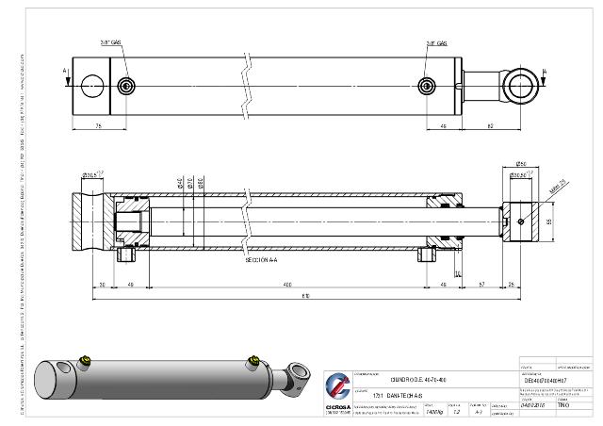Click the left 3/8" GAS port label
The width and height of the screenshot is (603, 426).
click(111, 43)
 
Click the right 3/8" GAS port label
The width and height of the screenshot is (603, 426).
click(436, 43)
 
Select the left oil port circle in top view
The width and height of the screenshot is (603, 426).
click(127, 87)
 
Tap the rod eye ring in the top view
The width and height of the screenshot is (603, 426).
click(520, 87)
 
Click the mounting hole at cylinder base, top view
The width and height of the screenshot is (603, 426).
click(92, 87)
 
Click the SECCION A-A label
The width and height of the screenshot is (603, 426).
click(262, 259)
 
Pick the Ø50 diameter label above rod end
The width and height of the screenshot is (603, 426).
click(520, 163)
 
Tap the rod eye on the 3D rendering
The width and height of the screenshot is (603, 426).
click(299, 376)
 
